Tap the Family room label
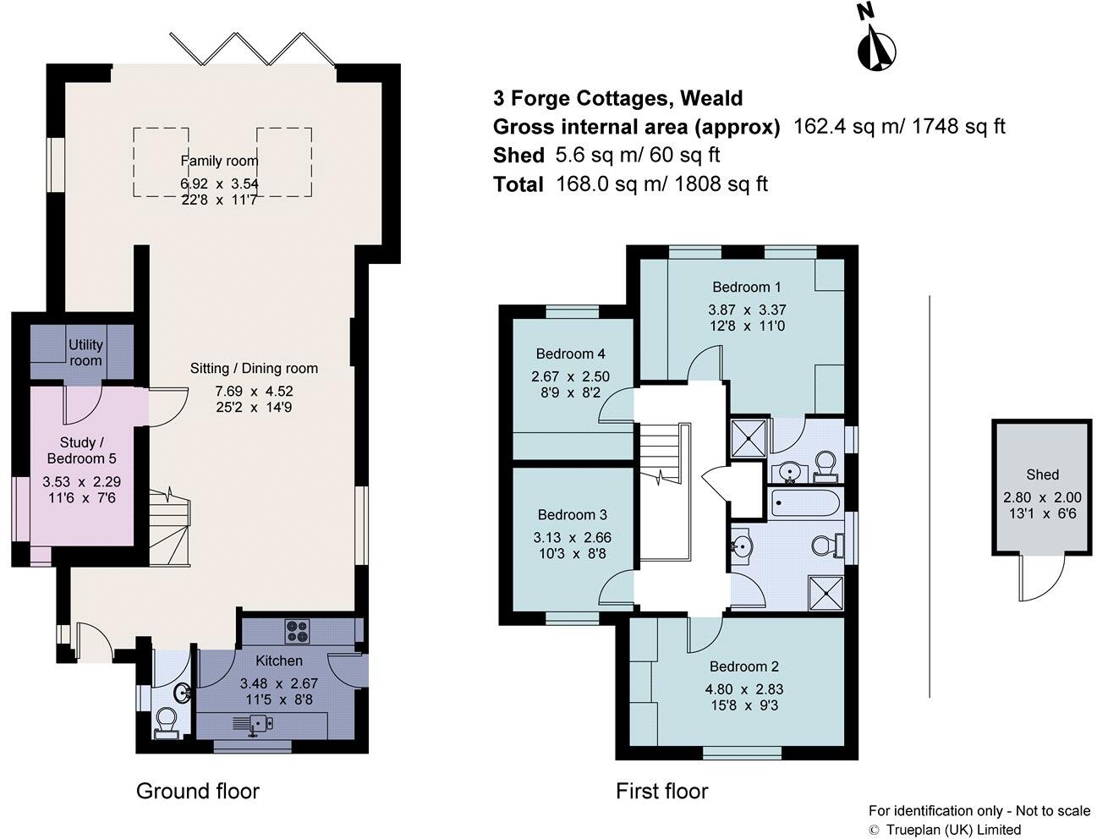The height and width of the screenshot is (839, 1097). click(x=219, y=161)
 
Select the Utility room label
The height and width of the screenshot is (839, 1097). click(x=85, y=352)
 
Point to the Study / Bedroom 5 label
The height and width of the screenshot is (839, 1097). click(x=88, y=450)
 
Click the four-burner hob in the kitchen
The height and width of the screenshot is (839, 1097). click(x=297, y=631)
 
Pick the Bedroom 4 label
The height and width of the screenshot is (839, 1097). click(x=570, y=354)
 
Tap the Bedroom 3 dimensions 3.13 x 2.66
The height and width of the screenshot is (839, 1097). click(x=572, y=537)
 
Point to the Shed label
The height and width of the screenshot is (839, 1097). click(x=1042, y=474)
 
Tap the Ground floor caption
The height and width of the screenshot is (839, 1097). click(x=197, y=791)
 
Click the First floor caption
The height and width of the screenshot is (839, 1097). click(x=661, y=791)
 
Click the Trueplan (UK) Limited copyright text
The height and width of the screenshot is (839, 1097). click(x=952, y=830)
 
